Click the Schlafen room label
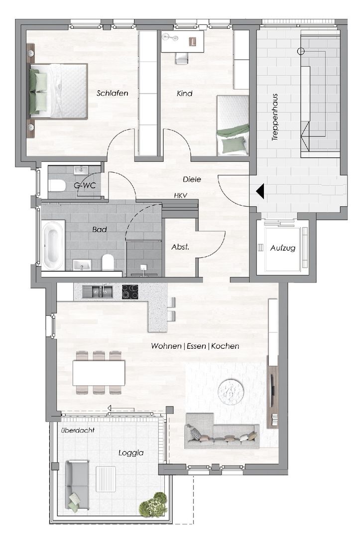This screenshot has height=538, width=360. click(113, 93)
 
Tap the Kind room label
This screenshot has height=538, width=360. click(184, 93)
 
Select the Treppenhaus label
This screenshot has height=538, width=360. click(275, 117)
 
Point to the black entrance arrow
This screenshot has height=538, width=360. click(260, 191)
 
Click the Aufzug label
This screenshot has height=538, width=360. click(283, 248)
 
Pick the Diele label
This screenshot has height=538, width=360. click(192, 179)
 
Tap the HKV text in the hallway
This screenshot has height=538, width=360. click(181, 196)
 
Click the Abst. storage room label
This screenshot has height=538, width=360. click(180, 247)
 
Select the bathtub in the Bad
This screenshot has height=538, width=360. click(53, 245)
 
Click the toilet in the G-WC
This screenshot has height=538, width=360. click(57, 186)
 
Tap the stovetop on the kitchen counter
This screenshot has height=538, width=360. click(130, 292)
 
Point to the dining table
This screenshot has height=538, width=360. click(99, 373)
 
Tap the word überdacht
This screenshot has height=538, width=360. click(78, 430)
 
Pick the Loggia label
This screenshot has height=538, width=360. click(131, 453)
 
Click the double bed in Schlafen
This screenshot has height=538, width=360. click(58, 91)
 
